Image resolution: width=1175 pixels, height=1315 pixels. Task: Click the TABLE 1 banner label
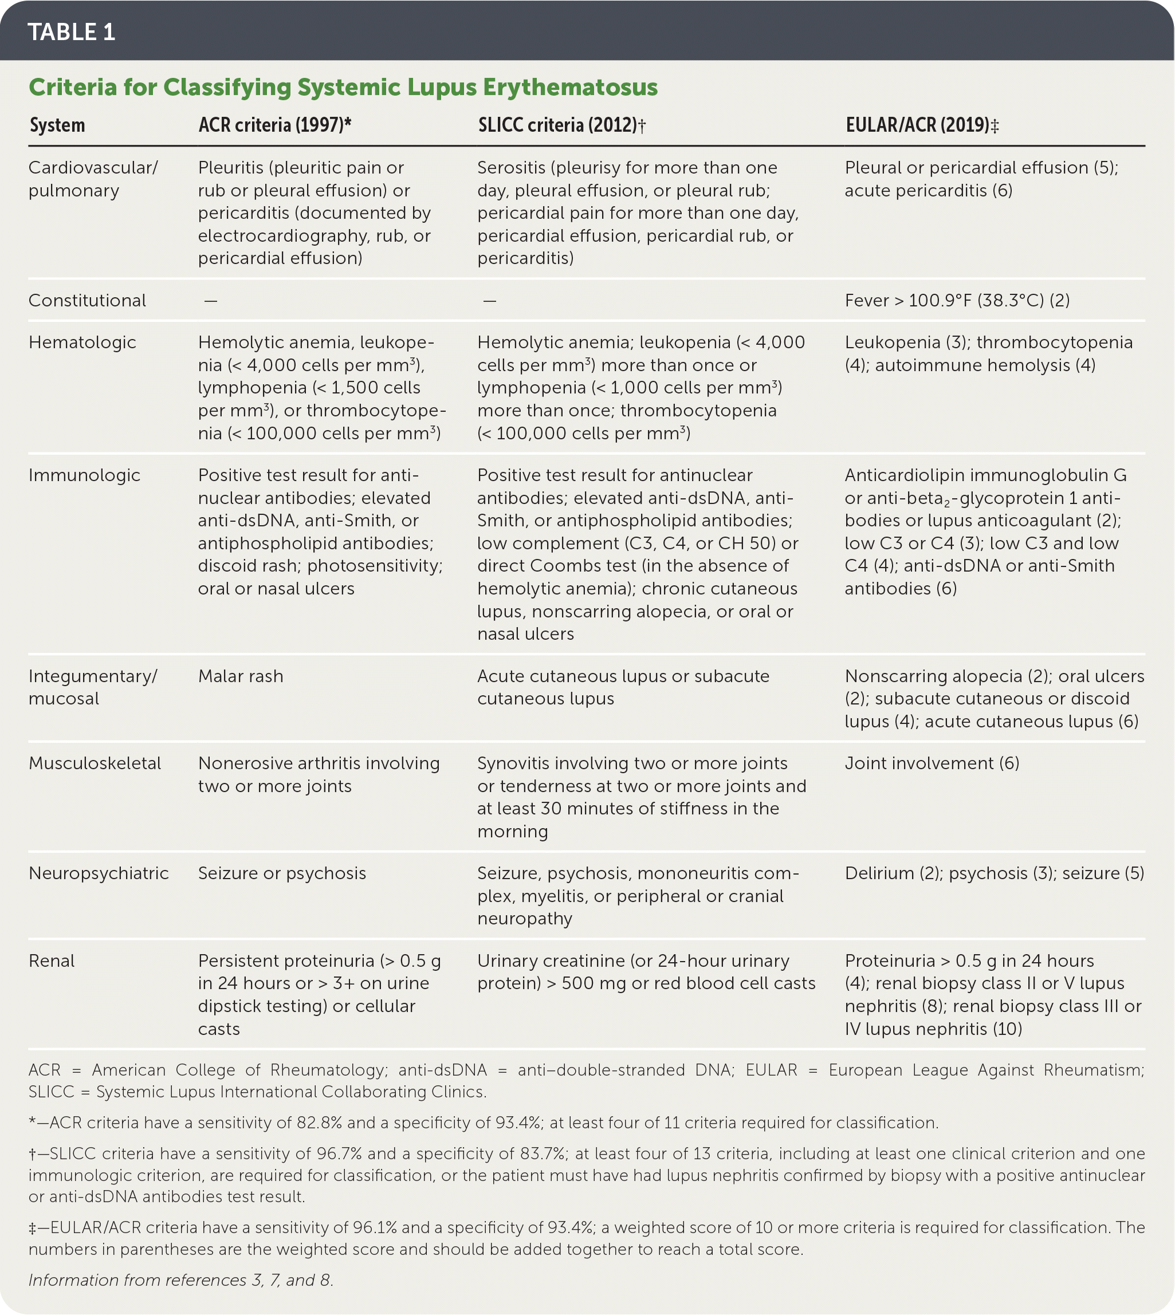click(71, 32)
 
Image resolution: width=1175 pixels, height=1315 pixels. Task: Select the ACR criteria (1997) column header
click(274, 125)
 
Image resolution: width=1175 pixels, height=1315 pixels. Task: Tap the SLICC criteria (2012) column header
click(561, 125)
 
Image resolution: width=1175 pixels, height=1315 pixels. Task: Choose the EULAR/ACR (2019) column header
click(921, 125)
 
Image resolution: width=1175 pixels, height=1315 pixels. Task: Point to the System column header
click(57, 125)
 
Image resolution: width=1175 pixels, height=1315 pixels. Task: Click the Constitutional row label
click(87, 300)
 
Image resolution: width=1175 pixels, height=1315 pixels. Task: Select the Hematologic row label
click(82, 342)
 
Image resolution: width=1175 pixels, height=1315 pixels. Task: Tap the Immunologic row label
click(84, 475)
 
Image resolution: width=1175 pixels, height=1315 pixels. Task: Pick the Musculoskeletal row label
click(95, 763)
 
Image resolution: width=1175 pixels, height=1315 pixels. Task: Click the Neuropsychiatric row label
click(98, 873)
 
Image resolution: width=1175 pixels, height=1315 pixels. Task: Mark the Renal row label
click(52, 960)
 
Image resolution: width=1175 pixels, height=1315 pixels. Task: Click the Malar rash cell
click(240, 676)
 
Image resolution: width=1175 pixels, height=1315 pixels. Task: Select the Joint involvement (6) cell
click(932, 763)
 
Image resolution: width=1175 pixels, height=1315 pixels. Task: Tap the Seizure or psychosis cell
click(281, 873)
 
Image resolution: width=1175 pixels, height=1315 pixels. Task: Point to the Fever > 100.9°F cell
click(957, 300)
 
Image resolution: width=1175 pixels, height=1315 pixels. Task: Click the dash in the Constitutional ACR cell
click(210, 301)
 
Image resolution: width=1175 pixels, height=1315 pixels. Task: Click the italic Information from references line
click(181, 1280)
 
